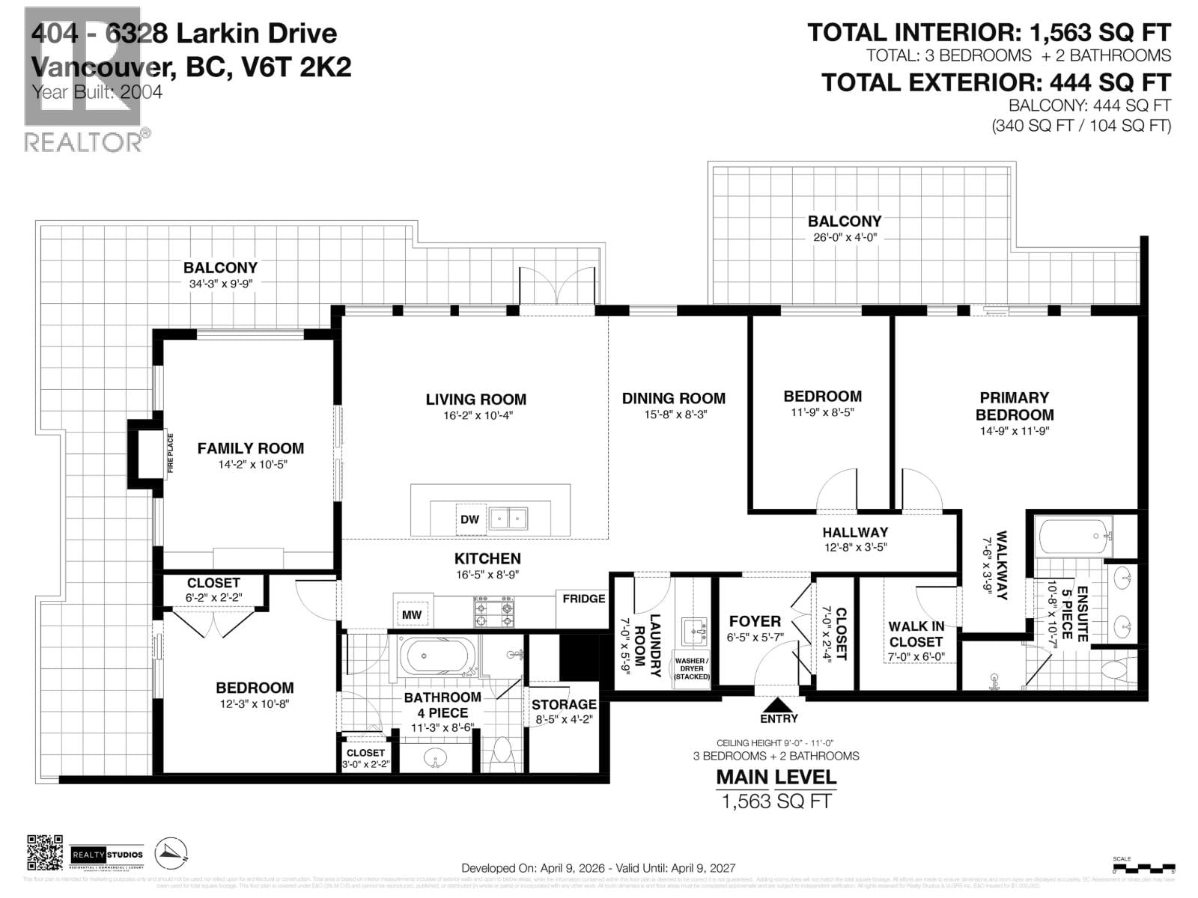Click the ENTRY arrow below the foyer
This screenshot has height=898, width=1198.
click(779, 705)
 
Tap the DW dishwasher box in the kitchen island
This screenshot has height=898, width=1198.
click(469, 519)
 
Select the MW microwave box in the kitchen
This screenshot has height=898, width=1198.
click(412, 614)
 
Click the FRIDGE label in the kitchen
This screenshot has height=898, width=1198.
click(583, 599)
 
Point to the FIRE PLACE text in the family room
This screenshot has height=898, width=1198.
click(170, 453)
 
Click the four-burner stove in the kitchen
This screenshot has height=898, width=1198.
click(494, 611)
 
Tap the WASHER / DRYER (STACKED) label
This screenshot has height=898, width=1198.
click(690, 668)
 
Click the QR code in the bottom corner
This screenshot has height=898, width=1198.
click(45, 852)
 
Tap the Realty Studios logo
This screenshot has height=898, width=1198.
click(106, 855)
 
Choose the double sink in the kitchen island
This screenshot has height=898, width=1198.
click(508, 518)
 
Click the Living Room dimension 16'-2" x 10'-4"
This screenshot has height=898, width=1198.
click(476, 415)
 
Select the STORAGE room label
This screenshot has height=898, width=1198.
click(564, 704)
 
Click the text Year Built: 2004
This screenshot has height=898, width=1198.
click(97, 93)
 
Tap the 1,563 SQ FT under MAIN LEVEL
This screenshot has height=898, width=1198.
click(776, 801)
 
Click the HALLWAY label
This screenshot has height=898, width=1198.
click(855, 532)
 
